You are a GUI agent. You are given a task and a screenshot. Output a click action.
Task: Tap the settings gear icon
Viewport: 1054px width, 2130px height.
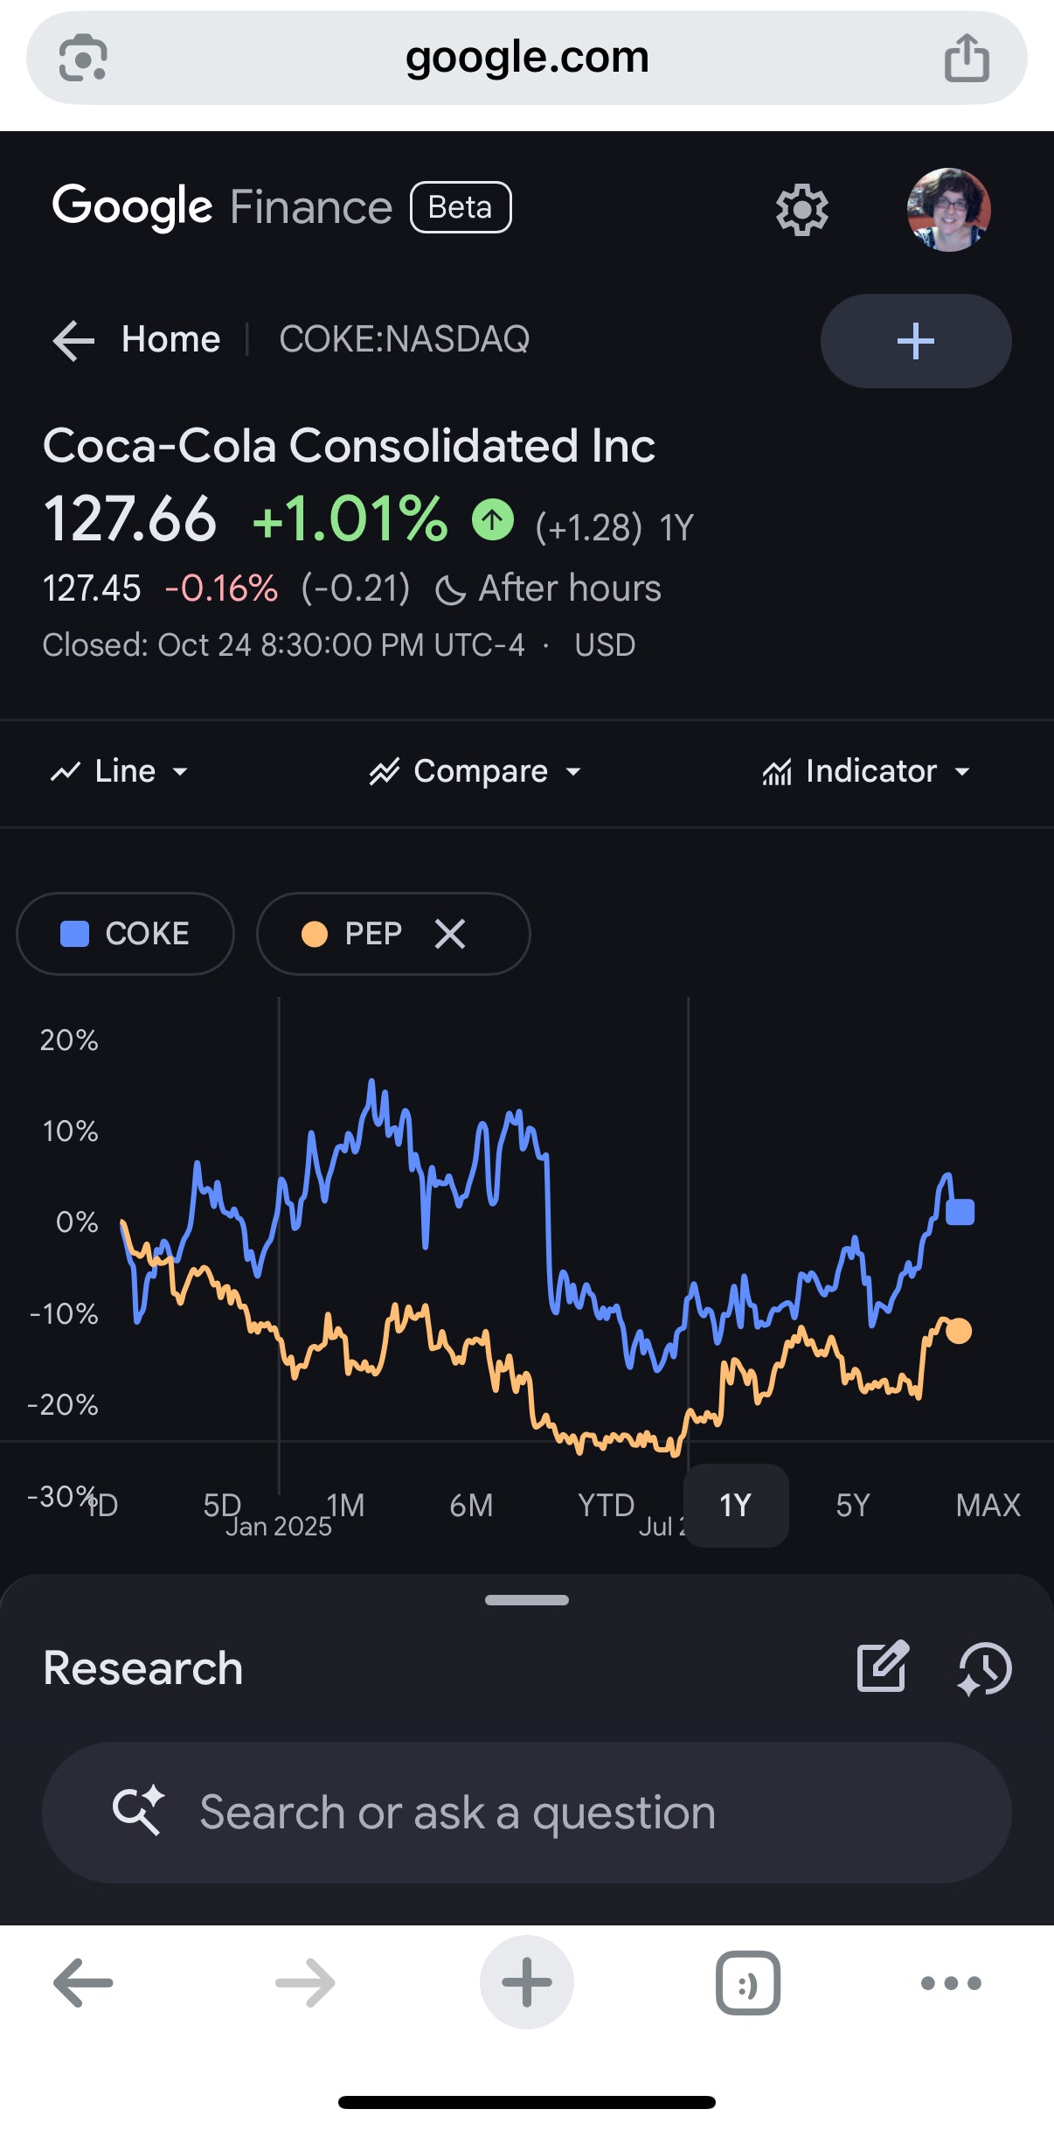point(801,210)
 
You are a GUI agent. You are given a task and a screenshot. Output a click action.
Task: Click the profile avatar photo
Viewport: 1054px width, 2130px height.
point(948,210)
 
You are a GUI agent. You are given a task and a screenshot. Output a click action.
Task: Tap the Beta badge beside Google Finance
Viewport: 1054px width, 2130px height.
point(461,207)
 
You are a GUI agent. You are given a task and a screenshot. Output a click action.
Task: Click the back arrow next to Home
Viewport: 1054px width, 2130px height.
point(73,339)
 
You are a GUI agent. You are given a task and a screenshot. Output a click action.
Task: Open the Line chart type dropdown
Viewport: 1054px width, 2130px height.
point(120,771)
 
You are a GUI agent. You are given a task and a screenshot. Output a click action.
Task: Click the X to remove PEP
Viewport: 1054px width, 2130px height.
point(450,934)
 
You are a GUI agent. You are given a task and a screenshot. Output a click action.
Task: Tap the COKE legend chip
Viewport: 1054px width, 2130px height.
point(125,934)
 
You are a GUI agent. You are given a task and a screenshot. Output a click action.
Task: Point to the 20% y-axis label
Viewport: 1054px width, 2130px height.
point(69,1041)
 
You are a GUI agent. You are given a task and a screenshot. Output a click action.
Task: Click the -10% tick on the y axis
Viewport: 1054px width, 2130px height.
point(64,1313)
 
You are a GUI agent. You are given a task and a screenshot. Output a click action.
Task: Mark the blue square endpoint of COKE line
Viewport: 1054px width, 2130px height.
point(960,1212)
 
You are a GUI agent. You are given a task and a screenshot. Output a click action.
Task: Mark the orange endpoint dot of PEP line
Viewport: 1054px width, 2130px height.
point(959,1331)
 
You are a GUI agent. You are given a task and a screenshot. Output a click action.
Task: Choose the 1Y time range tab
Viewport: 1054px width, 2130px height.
point(735,1505)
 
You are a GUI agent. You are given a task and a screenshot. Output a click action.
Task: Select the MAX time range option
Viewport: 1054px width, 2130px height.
point(988,1505)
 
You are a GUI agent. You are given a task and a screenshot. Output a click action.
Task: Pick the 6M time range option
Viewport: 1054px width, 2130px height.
point(471,1505)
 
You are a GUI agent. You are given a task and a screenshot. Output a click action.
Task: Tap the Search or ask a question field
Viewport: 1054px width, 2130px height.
point(526,1813)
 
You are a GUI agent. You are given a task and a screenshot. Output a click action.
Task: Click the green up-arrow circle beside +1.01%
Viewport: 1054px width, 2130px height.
point(493,520)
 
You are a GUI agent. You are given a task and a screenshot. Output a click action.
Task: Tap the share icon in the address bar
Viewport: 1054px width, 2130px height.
point(967,58)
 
